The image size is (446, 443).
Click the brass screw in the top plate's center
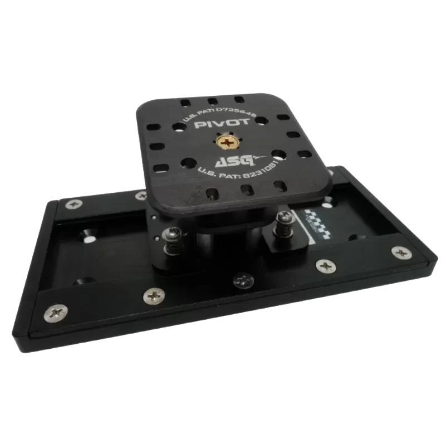tap(228, 144)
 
